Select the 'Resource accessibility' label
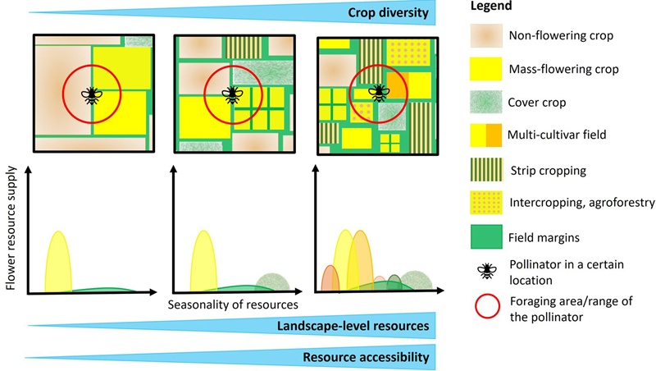coord(366,357)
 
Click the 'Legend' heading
coord(493,7)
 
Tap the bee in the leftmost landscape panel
coord(91,95)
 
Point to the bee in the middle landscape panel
coord(233,94)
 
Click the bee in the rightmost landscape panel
coord(378,93)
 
